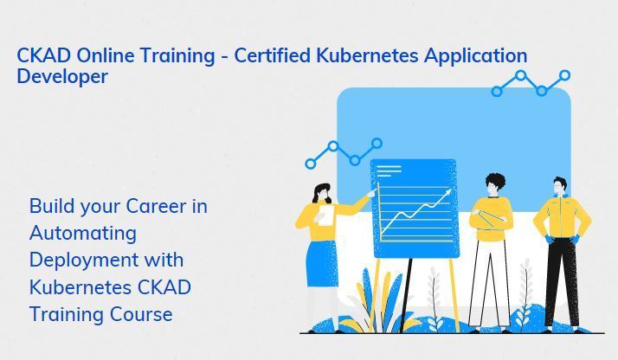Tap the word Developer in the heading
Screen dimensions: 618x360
click(62, 76)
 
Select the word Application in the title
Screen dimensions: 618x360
click(475, 56)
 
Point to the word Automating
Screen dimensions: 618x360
click(83, 234)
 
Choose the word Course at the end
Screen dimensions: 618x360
click(141, 314)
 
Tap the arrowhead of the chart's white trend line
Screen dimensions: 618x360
click(448, 192)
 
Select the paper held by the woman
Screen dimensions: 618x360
click(326, 215)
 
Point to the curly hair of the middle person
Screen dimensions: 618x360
click(495, 181)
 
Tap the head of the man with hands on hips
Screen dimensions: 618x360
click(559, 186)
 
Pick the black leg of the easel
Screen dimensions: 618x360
click(406, 294)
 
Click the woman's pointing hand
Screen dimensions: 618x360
click(371, 193)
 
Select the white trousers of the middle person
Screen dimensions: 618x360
click(490, 283)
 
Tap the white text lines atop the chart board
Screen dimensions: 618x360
click(389, 170)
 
